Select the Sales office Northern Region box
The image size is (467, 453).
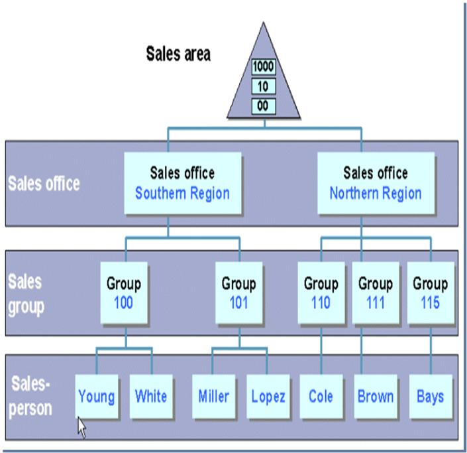(x=375, y=184)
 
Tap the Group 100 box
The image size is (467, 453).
(x=124, y=292)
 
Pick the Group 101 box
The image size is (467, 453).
(x=238, y=292)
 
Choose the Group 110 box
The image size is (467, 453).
(x=321, y=292)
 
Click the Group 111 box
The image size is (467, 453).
(x=376, y=292)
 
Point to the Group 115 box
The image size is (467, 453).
(x=430, y=292)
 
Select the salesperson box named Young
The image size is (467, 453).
(x=96, y=397)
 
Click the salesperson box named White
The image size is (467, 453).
(x=151, y=397)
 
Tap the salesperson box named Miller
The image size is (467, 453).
(x=213, y=397)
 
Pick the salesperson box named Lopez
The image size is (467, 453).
(x=268, y=397)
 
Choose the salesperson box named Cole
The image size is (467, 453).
(x=321, y=397)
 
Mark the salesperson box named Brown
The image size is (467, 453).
(x=376, y=397)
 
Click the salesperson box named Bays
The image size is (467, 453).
(x=430, y=397)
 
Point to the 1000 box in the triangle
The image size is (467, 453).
(x=264, y=67)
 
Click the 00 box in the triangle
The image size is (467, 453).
(x=264, y=105)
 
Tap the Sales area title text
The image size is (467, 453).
(x=178, y=54)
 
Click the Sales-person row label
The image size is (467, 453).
(x=30, y=397)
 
